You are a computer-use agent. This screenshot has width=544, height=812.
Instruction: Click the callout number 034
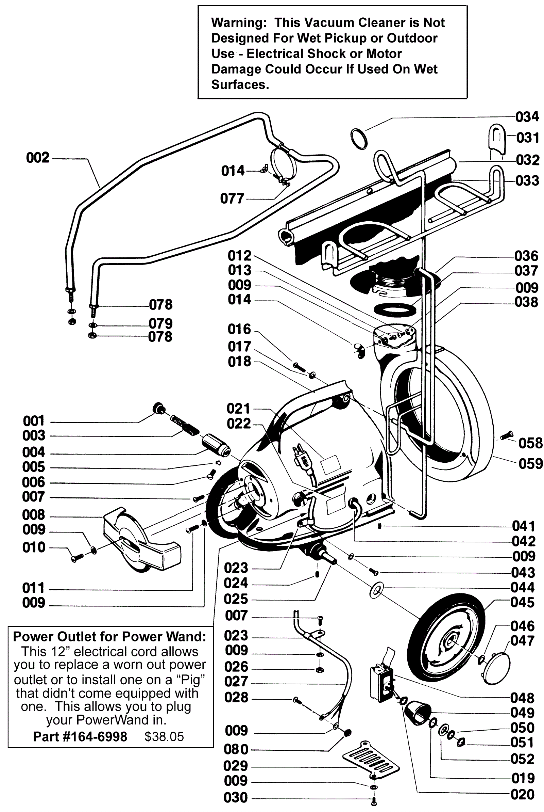point(527,117)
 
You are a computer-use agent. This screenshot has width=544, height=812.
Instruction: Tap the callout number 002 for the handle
point(38,158)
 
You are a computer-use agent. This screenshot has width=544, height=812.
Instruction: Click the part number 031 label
point(527,138)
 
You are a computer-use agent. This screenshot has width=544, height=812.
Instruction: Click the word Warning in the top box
point(239,23)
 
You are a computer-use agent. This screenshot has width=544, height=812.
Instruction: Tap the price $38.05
point(164,737)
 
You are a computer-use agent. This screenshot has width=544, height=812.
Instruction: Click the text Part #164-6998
point(80,737)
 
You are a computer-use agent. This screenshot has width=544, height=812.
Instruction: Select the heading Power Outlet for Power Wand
point(109,637)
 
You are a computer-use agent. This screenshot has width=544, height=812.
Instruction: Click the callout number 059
point(530,464)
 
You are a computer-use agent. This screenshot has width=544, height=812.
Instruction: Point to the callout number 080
point(236,749)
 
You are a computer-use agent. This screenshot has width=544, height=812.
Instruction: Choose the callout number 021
point(238,409)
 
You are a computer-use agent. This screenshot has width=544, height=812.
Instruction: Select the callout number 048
point(522,698)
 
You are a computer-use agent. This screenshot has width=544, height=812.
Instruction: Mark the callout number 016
point(239,329)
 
